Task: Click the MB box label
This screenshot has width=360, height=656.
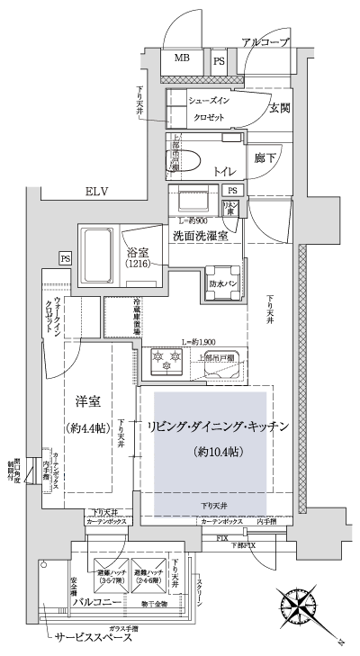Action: pyautogui.click(x=183, y=59)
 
